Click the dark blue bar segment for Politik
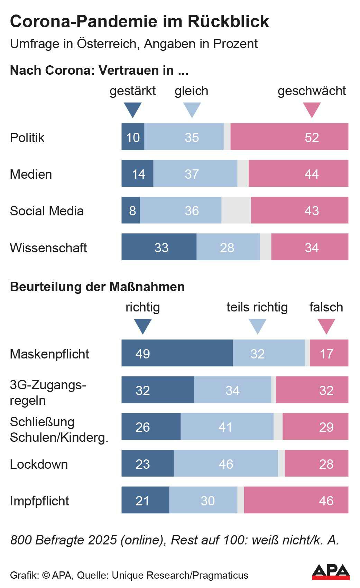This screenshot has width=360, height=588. click(x=133, y=137)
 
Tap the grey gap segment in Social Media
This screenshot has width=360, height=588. click(x=236, y=210)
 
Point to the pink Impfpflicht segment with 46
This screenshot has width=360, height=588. click(x=296, y=500)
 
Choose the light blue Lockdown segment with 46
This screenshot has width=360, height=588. click(x=226, y=463)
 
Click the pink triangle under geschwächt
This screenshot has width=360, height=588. click(x=312, y=109)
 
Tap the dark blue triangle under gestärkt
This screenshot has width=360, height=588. click(x=132, y=109)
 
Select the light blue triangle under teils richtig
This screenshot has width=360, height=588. click(x=258, y=326)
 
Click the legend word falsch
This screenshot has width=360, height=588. click(x=326, y=307)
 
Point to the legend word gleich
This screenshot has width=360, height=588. click(x=191, y=91)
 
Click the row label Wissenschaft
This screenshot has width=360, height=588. click(x=48, y=248)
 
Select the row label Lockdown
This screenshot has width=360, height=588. click(x=39, y=464)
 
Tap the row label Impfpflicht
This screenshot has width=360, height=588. click(x=39, y=501)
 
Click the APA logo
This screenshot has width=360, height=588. click(x=331, y=572)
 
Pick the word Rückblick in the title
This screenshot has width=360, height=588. click(x=229, y=21)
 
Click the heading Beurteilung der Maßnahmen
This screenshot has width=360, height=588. click(x=97, y=287)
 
